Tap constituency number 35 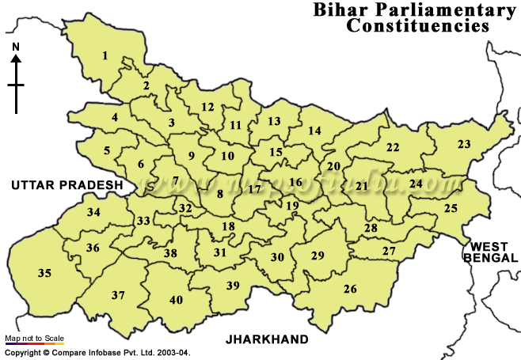44,273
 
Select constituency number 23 464,144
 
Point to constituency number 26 350,289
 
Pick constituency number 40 176,300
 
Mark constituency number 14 315,131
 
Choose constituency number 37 118,295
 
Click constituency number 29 318,256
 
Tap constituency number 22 393,147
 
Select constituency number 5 107,150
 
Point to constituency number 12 207,107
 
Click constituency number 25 451,208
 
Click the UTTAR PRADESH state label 67,185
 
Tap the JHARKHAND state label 267,339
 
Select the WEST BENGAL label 492,252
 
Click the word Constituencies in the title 416,25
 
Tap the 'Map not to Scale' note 34,339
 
